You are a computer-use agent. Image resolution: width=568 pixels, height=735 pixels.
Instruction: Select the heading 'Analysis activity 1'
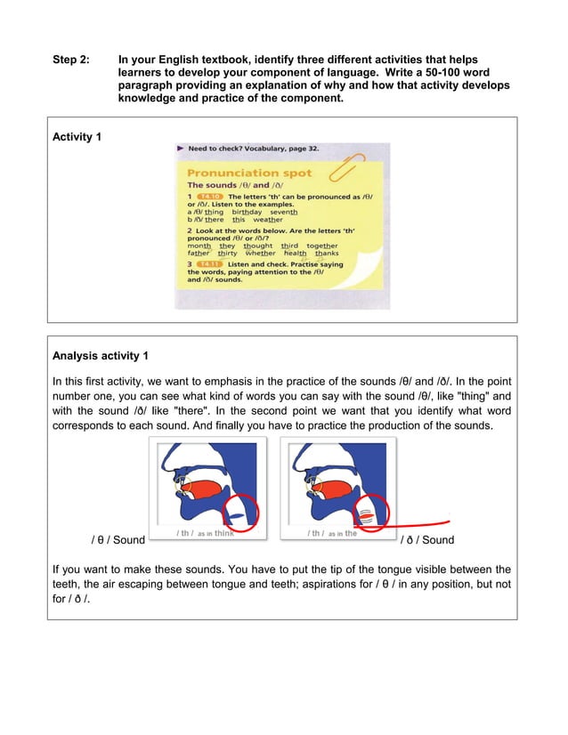[x=101, y=356]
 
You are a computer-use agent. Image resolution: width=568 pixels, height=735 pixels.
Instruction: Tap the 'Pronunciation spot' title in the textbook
[x=244, y=173]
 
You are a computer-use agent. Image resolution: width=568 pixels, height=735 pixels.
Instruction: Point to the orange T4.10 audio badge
[x=209, y=195]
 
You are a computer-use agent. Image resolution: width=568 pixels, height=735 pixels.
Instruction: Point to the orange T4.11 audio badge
[x=209, y=264]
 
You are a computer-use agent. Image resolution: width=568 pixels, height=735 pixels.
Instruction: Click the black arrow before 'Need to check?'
[x=181, y=149]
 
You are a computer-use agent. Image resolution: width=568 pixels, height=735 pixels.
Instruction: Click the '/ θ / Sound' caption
[x=118, y=540]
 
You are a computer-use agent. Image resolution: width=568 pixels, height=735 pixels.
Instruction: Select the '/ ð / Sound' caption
[x=427, y=540]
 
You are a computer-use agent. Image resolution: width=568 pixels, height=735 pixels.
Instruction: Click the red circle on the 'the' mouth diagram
[x=367, y=513]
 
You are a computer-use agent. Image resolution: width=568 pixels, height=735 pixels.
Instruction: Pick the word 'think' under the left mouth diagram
[x=224, y=534]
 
